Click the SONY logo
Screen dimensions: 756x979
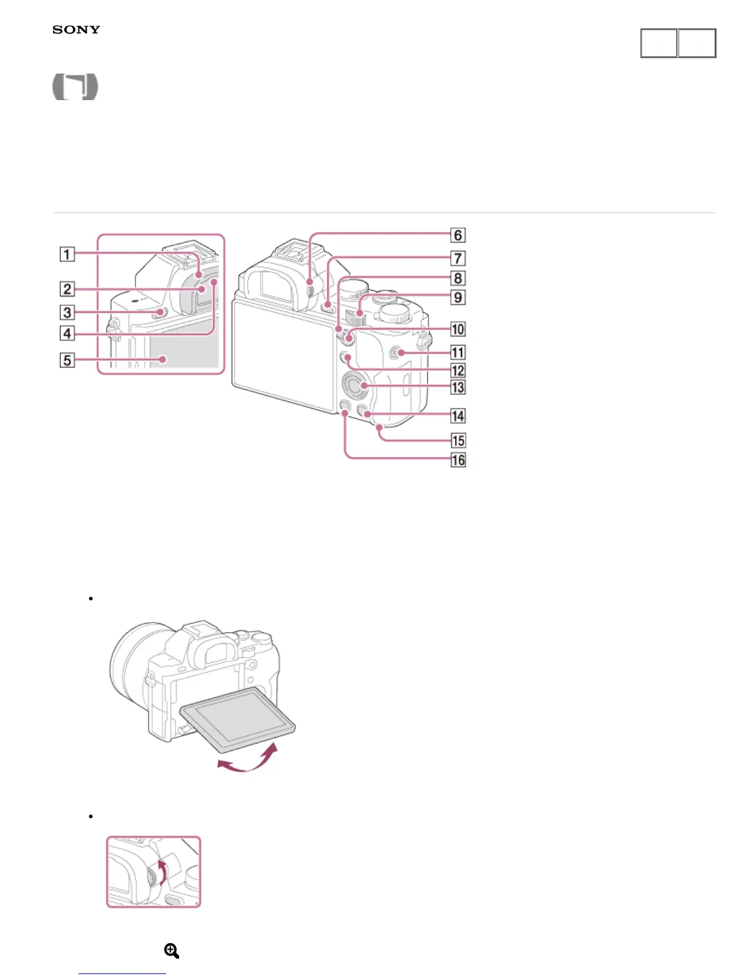[76, 30]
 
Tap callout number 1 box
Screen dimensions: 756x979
[67, 254]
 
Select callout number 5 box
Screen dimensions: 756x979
[67, 360]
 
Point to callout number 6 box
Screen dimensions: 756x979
[458, 235]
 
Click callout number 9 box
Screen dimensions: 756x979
[458, 297]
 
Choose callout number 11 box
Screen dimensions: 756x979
[458, 352]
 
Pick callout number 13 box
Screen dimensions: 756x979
[458, 388]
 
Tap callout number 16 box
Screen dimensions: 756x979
[458, 460]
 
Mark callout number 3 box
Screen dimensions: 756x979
[67, 312]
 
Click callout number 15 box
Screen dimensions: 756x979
[458, 441]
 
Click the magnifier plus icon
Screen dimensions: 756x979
[172, 951]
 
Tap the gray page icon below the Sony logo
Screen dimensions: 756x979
[75, 87]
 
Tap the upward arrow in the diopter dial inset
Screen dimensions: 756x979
[162, 870]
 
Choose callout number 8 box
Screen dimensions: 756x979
[458, 278]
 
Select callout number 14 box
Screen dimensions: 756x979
[458, 415]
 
